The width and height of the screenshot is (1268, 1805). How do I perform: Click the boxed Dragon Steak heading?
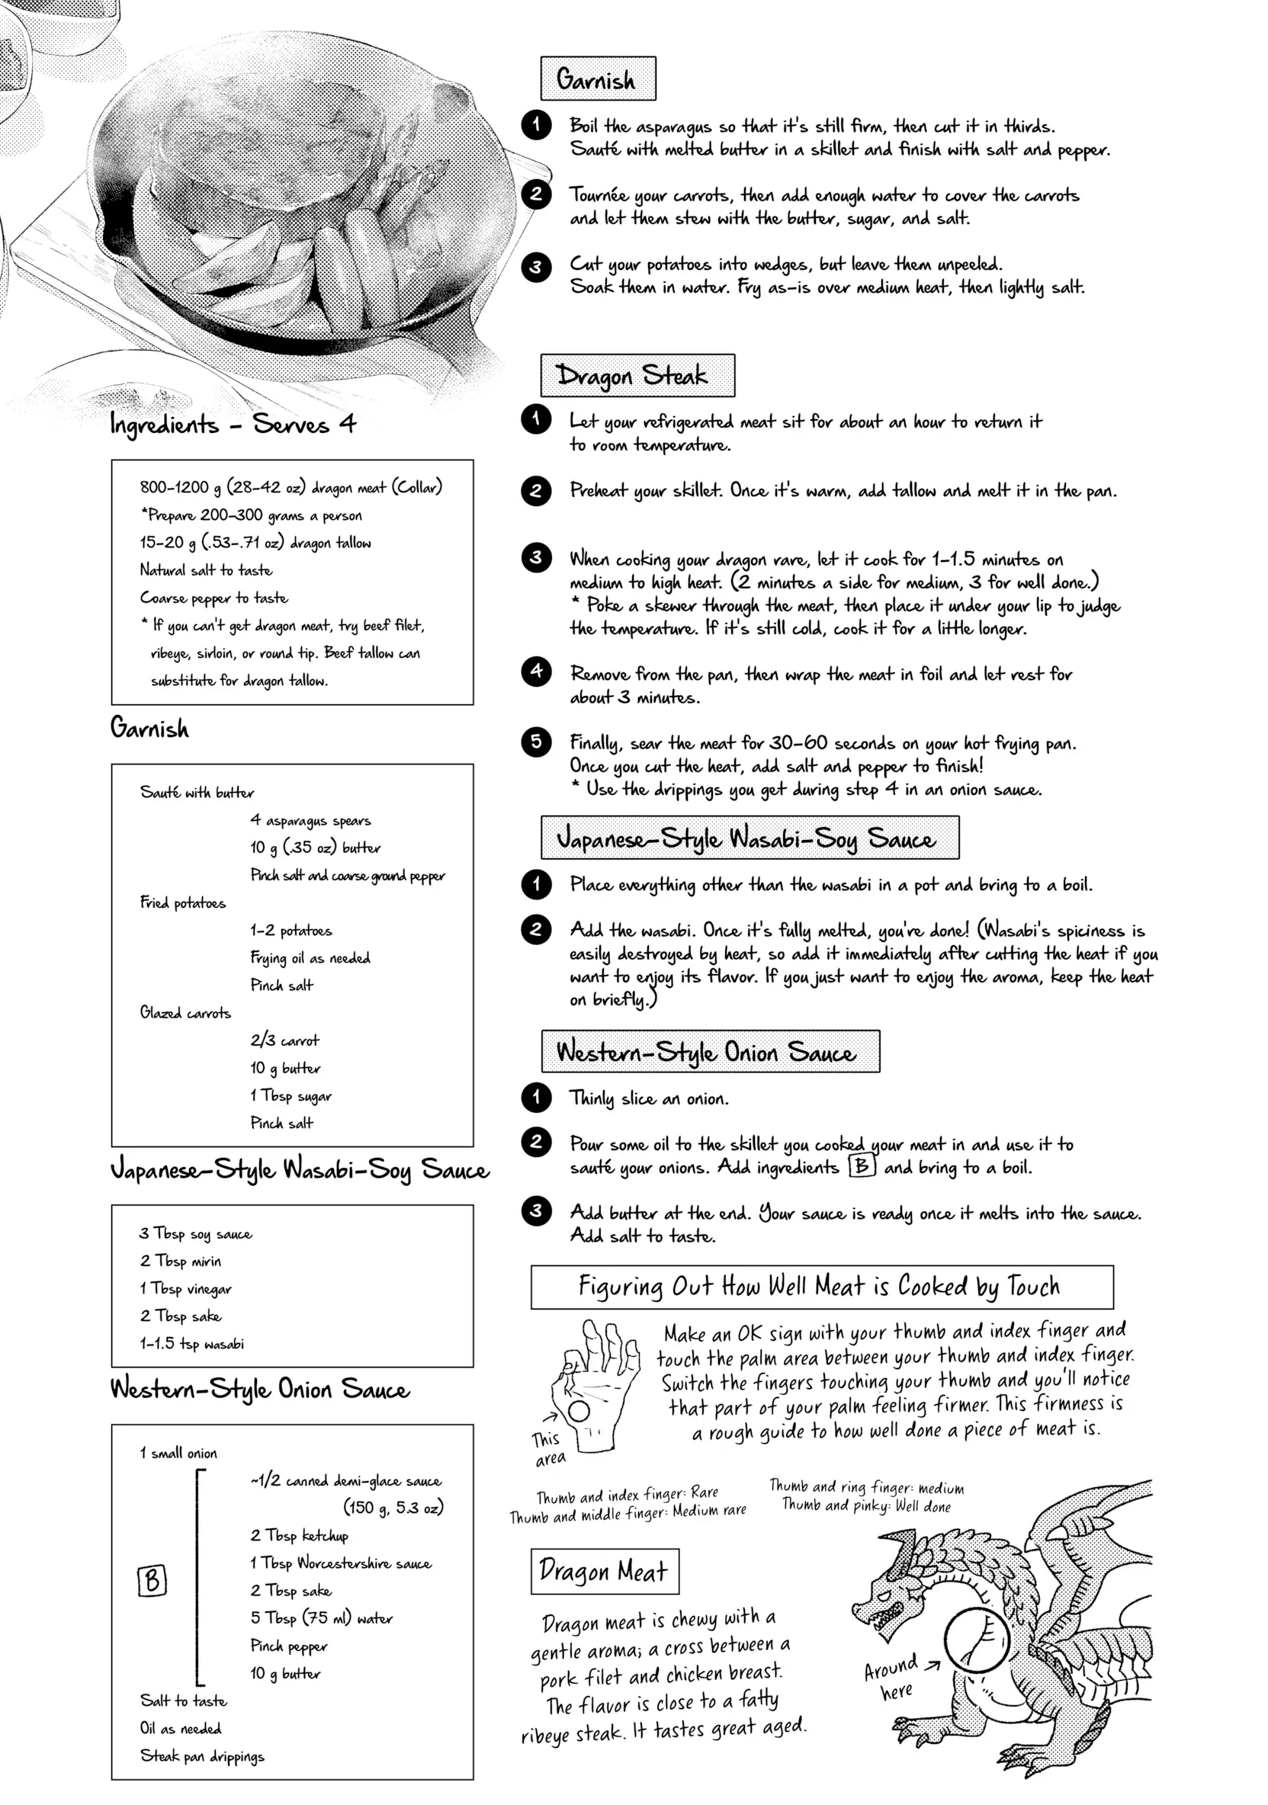pyautogui.click(x=637, y=376)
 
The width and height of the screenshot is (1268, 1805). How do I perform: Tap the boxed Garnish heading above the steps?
pyautogui.click(x=598, y=79)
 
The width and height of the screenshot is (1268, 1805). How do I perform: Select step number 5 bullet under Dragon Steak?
pyautogui.click(x=537, y=742)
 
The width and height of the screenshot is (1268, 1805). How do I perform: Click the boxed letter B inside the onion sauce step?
pyautogui.click(x=862, y=1166)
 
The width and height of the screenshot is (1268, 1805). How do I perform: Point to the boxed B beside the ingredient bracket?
pyautogui.click(x=152, y=1580)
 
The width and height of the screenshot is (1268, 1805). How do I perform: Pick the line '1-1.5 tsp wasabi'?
pyautogui.click(x=192, y=1344)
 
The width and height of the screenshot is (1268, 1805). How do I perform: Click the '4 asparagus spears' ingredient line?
pyautogui.click(x=310, y=820)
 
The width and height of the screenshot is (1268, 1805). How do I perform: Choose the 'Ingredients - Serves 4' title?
pyautogui.click(x=233, y=425)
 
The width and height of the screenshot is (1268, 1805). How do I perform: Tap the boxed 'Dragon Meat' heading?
pyautogui.click(x=604, y=1571)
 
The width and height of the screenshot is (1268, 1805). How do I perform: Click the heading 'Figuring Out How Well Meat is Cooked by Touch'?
pyautogui.click(x=821, y=1287)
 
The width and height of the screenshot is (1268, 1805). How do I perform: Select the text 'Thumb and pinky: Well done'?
pyautogui.click(x=866, y=1506)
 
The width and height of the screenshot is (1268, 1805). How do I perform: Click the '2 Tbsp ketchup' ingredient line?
pyautogui.click(x=299, y=1535)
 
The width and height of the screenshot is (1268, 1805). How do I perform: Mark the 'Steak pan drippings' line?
pyautogui.click(x=202, y=1755)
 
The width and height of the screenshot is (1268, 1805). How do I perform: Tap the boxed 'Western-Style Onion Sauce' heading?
pyautogui.click(x=710, y=1052)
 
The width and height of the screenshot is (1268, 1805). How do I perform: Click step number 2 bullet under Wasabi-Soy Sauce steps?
pyautogui.click(x=537, y=930)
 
